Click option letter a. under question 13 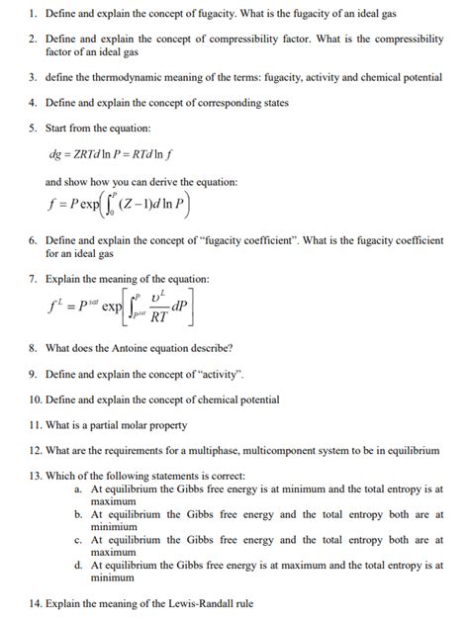(77, 488)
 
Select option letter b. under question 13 (77, 514)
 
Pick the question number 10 (35, 399)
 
